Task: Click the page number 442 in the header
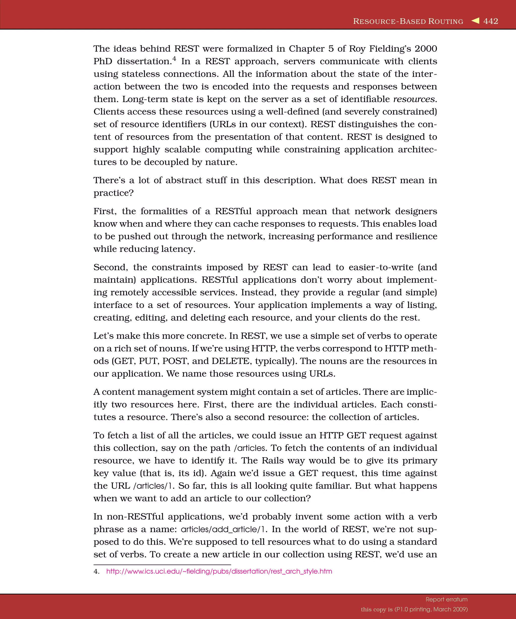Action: tap(491, 21)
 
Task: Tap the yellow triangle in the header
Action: tap(475, 21)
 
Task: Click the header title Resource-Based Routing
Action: tap(408, 21)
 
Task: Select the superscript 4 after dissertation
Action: tap(174, 58)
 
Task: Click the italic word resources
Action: tap(414, 99)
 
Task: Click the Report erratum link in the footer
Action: tap(446, 599)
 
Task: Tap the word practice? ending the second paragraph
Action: tap(114, 193)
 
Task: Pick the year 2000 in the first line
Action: tap(426, 49)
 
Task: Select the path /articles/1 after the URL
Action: tap(154, 486)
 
